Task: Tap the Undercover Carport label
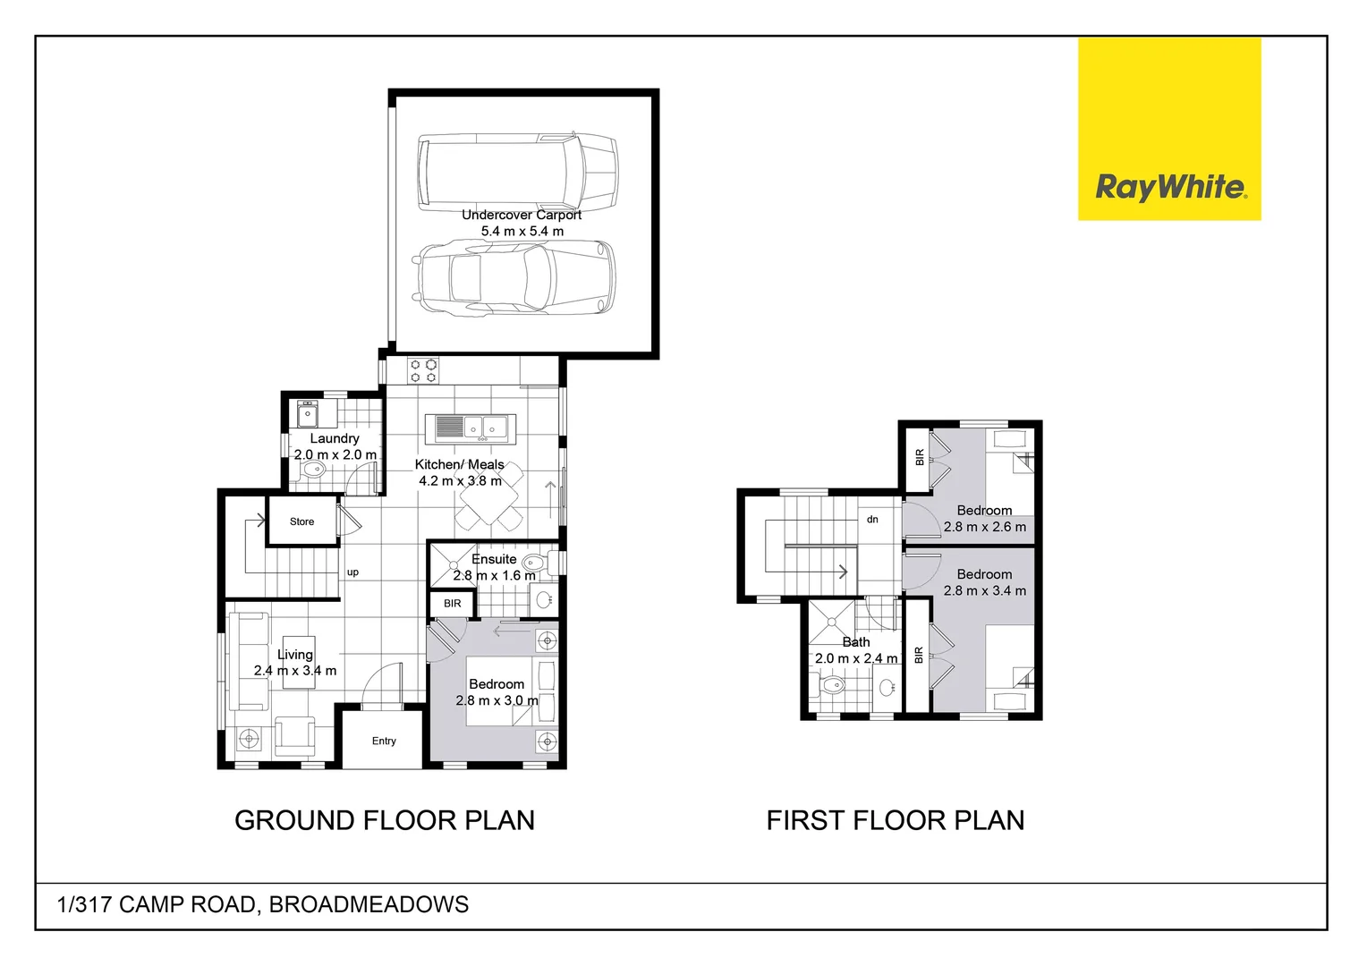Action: [x=522, y=215]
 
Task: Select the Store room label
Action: [x=301, y=521]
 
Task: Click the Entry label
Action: [x=384, y=741]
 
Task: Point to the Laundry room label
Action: [x=335, y=438]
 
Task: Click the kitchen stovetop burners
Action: [x=424, y=371]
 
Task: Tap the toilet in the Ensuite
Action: [x=534, y=563]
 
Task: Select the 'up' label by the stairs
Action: [x=352, y=572]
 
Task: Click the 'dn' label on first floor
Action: [x=872, y=520]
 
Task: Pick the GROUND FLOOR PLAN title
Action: [x=385, y=820]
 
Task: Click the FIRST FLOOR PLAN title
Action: [x=896, y=820]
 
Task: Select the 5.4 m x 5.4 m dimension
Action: [x=522, y=231]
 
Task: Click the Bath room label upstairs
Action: [x=856, y=642]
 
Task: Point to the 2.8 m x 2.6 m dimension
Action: [x=985, y=527]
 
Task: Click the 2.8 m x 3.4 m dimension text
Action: [x=985, y=590]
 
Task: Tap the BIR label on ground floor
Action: [x=453, y=604]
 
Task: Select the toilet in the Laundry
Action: [x=313, y=470]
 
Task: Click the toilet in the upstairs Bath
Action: [x=832, y=686]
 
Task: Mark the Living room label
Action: [x=295, y=655]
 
